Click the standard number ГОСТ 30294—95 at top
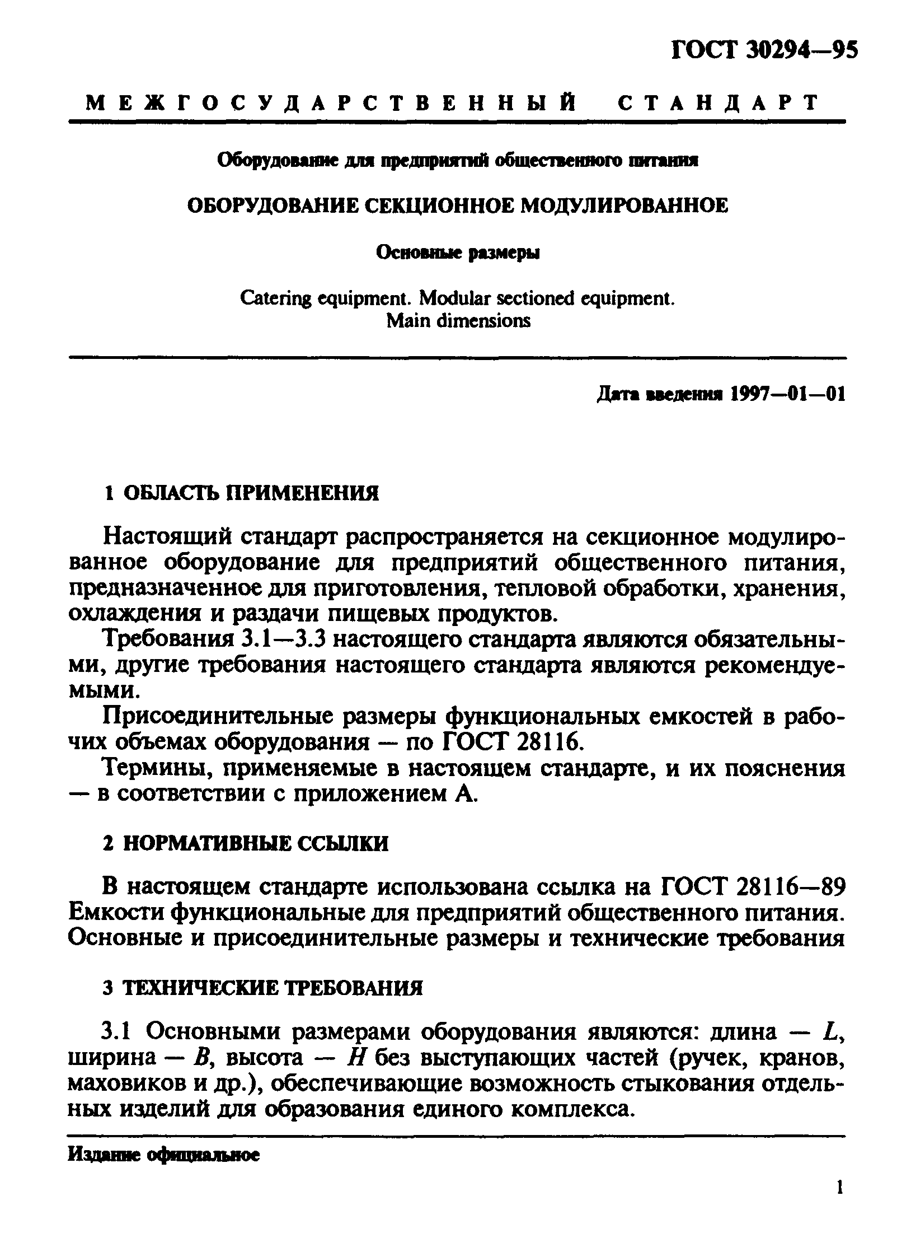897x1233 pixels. point(763,51)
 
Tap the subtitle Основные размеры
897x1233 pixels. point(458,254)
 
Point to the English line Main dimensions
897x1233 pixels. point(458,321)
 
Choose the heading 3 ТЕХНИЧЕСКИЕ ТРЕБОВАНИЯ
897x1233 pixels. point(263,988)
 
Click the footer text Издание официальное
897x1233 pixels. point(163,1155)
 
